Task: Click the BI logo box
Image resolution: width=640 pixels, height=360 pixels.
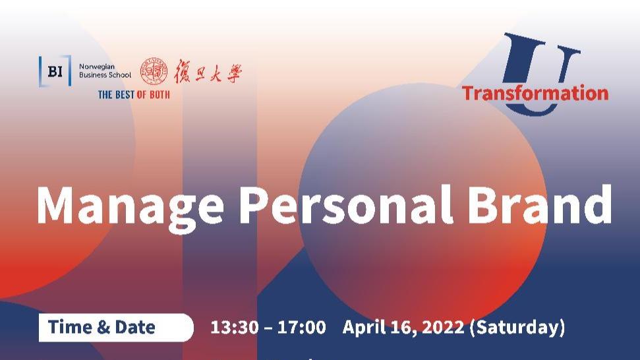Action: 55,71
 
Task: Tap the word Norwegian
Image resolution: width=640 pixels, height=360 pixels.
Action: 97,67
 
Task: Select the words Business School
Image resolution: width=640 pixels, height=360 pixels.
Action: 105,75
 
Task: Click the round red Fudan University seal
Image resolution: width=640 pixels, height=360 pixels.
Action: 154,71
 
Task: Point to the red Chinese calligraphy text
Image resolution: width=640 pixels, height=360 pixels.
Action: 208,71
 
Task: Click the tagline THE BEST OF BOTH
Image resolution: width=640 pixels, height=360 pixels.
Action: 134,95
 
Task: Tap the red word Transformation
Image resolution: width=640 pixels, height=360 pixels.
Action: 535,94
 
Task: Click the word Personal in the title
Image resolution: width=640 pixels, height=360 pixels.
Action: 346,204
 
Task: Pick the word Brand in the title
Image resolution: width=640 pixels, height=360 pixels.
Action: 540,204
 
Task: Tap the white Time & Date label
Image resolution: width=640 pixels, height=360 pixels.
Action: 116,327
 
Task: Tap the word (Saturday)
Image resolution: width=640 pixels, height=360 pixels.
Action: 517,328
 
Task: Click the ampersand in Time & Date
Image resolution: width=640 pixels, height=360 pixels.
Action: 103,327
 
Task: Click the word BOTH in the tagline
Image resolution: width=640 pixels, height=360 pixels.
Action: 160,95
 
